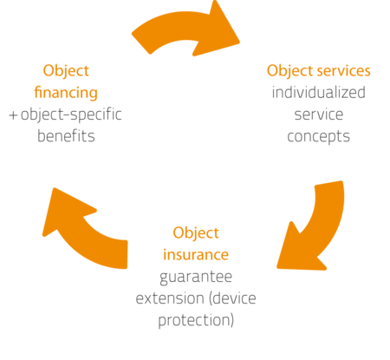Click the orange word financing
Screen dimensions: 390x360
tap(66, 93)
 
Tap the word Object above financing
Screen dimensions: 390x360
tap(66, 71)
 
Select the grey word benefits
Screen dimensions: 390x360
tap(66, 136)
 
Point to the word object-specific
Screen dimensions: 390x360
tap(71, 115)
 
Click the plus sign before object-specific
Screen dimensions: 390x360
tap(13, 115)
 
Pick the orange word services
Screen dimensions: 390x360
tap(343, 71)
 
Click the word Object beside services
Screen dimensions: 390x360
tap(289, 71)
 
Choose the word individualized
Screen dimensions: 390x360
tap(319, 93)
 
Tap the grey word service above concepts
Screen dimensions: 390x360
tap(319, 115)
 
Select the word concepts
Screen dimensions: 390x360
tap(319, 137)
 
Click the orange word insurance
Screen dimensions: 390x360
tap(196, 255)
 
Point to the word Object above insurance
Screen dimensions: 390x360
tap(196, 233)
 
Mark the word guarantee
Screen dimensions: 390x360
tap(196, 278)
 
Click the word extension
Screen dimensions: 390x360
tap(169, 298)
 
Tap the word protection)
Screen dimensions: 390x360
tap(196, 321)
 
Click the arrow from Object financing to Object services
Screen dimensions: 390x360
tap(185, 28)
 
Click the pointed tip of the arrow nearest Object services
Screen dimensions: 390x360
tap(239, 43)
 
